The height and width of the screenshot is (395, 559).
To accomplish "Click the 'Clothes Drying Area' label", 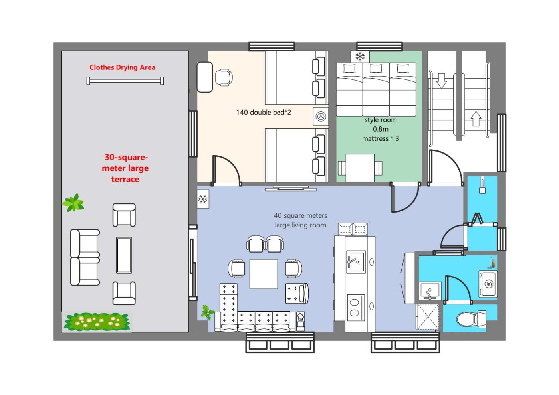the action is coord(122,67).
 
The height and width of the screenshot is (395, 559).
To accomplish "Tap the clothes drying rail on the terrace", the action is coord(125,81).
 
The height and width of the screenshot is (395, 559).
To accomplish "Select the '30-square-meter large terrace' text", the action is coord(125,168).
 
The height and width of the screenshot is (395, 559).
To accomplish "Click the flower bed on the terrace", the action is coord(97,322).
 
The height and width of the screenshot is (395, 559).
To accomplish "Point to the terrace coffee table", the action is coord(124,255).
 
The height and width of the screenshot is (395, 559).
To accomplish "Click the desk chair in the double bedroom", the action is coord(224,77).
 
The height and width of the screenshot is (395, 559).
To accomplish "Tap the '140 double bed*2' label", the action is coord(264,112).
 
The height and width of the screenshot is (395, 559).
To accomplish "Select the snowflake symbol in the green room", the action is coord(360,57).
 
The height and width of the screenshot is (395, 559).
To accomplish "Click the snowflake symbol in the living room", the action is coord(203,199).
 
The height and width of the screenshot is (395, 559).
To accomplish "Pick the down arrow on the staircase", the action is coord(442,81).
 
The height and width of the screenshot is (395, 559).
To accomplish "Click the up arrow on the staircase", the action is coord(476,119).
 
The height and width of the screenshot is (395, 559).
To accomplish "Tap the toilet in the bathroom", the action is coord(471,319).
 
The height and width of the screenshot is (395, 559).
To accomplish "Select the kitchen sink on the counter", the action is coord(356,261).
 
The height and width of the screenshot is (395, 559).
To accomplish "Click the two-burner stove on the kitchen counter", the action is coord(356,308).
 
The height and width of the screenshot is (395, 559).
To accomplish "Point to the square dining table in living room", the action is coord(264,274).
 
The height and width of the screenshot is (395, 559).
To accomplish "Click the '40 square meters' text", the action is coord(300,216).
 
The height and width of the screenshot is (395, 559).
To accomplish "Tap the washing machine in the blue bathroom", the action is coord(488,284).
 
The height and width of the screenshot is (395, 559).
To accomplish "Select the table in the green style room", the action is coord(360,168).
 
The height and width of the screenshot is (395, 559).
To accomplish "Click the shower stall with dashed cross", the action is coord(428,316).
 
